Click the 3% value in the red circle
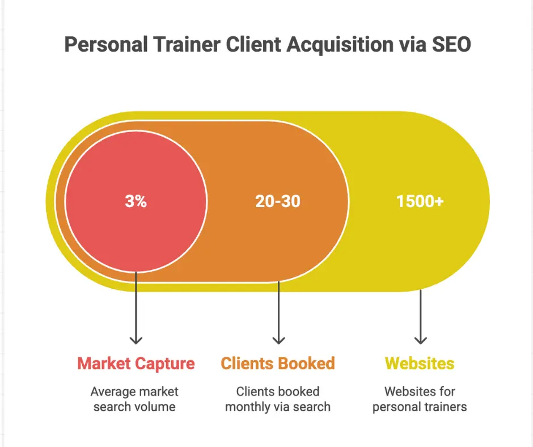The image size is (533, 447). pos(136,201)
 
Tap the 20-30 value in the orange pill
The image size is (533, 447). pos(278,201)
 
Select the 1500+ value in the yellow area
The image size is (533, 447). pos(420,201)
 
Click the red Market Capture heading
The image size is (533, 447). pos(136,364)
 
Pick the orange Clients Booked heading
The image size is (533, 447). pos(278,364)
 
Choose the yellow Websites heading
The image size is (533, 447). pos(420,364)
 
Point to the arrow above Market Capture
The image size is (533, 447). pos(136,309)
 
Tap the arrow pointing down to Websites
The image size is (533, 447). pos(420,318)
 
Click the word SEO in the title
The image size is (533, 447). pos(450,45)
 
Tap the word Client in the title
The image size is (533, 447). pos(252,45)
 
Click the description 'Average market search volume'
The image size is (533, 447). pos(135,399)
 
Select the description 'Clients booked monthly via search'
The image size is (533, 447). pos(278,399)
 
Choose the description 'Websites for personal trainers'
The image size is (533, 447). pos(420,399)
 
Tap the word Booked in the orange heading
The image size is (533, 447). pos(308,364)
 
